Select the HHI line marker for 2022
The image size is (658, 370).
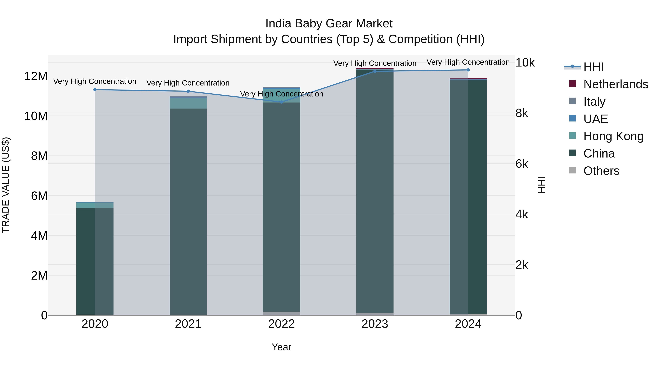tap(281, 102)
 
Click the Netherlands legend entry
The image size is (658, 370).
tap(616, 84)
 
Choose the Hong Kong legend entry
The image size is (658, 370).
tap(613, 136)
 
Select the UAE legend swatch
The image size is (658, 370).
tap(572, 118)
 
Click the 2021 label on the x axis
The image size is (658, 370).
tap(188, 324)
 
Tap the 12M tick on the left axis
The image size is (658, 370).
tap(36, 76)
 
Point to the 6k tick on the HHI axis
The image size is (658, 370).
tap(522, 164)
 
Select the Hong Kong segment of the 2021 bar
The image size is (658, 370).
tap(188, 103)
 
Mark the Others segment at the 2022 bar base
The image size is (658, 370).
tap(281, 313)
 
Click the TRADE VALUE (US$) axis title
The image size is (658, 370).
tap(6, 185)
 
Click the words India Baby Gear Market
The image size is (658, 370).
tap(329, 24)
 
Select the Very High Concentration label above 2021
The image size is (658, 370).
tap(188, 83)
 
